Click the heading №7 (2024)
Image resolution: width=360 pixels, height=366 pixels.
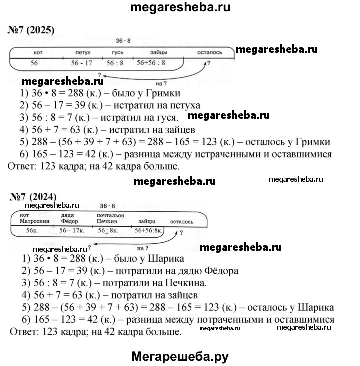tap(34, 196)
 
